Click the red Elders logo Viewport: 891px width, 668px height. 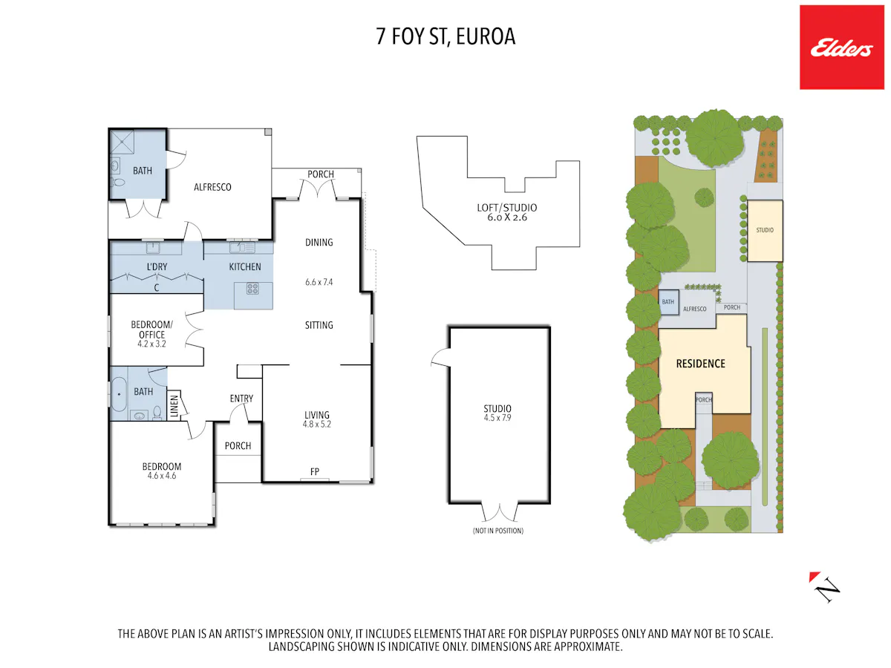[x=841, y=47]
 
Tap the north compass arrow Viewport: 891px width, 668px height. [x=824, y=587]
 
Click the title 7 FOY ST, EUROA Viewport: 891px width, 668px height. [x=446, y=36]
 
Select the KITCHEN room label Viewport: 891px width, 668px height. [x=245, y=266]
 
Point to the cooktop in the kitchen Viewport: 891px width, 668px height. [x=252, y=289]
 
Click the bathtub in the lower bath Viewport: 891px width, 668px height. [x=119, y=393]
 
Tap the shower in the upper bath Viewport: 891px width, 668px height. [x=123, y=142]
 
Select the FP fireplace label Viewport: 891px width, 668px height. [x=315, y=471]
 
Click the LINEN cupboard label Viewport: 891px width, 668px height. [x=174, y=406]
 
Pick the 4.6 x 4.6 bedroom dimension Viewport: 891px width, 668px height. [x=162, y=476]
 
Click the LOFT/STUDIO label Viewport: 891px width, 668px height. [x=506, y=208]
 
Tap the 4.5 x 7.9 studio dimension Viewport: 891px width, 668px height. [x=497, y=418]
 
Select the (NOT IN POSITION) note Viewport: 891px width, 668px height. [x=498, y=531]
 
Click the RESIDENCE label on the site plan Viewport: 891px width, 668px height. [x=700, y=364]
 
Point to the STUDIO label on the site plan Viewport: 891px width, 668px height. [x=765, y=230]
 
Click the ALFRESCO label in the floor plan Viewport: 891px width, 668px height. [x=212, y=187]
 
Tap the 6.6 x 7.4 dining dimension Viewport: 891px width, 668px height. [x=319, y=282]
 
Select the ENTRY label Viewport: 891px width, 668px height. [x=241, y=399]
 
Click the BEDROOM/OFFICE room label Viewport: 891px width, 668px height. [x=151, y=330]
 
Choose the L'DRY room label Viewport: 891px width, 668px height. [x=157, y=266]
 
